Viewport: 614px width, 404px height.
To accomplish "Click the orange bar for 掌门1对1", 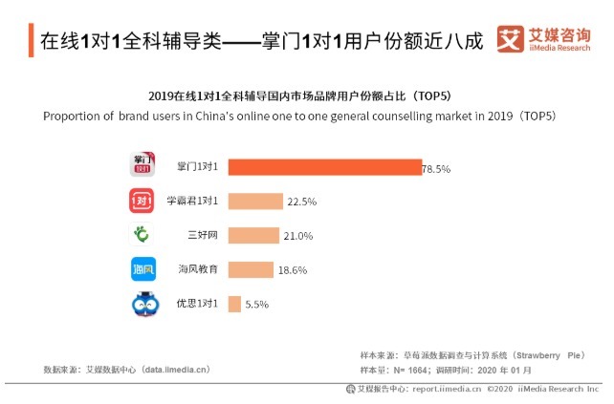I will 324,167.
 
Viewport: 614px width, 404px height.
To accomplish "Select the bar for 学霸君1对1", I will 255,202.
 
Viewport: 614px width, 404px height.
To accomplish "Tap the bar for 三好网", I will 253,236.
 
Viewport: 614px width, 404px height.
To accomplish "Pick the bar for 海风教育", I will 251,270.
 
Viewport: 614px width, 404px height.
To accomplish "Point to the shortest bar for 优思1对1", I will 234,305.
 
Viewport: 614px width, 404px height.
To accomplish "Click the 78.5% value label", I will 436,168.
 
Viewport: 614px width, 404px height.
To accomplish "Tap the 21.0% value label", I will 297,236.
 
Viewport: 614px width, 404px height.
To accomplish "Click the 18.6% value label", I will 293,270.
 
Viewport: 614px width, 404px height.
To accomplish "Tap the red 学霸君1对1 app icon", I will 143,202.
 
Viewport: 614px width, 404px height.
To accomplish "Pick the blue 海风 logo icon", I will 143,270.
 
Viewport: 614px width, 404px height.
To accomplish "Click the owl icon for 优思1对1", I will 143,305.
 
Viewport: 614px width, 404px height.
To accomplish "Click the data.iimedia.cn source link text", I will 176,369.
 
